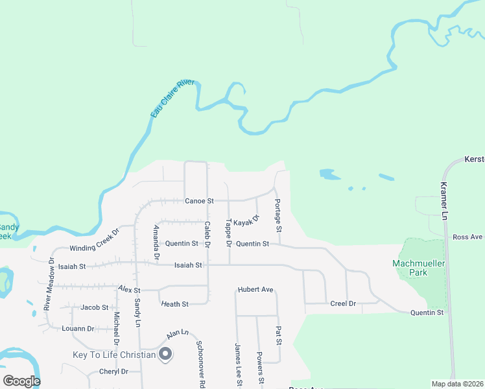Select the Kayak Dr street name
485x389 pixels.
[x=246, y=222]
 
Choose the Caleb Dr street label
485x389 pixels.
[x=207, y=235]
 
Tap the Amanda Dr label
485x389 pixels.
[x=156, y=242]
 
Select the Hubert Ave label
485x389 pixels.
[x=255, y=289]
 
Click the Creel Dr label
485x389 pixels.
[x=343, y=303]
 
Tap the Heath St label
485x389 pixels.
[x=175, y=303]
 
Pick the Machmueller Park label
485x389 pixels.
[x=419, y=267]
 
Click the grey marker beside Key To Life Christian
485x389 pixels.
[x=165, y=354]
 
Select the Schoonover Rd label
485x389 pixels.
[x=201, y=364]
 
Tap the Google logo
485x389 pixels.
[x=21, y=381]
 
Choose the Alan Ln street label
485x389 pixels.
[x=177, y=335]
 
